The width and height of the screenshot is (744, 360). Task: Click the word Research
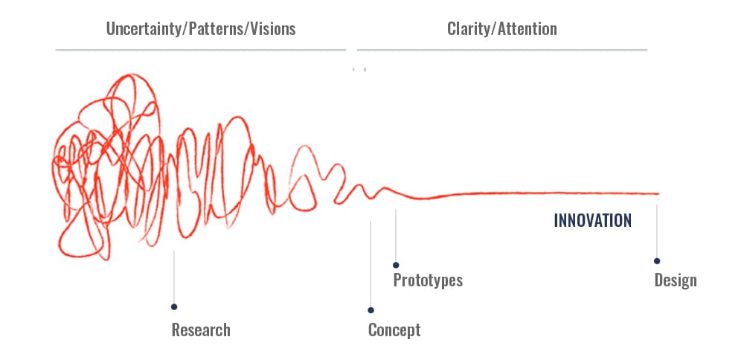pos(201,330)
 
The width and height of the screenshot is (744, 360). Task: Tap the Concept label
pos(394,330)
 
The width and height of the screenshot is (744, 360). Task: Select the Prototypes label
pos(428,280)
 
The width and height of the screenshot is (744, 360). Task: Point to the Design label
pos(676,280)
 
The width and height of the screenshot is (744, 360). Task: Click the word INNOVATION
pos(593,221)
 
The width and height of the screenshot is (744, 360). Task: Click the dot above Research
pos(174,307)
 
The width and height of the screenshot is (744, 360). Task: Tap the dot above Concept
pos(371,310)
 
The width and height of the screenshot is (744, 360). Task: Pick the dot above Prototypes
pos(396,265)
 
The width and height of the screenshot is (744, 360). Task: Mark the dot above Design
pos(657,261)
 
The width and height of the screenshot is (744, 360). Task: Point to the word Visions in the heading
pos(273,29)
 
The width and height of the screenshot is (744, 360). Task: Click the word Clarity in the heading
pos(469,29)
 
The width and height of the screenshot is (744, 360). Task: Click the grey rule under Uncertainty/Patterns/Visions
pos(201,49)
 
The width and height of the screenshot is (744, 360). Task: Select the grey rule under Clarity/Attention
pos(502,49)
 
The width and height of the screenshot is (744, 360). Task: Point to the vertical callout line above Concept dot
pos(371,264)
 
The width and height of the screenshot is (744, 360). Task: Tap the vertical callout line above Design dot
pos(657,228)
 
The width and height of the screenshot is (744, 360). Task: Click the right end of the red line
pos(659,193)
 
